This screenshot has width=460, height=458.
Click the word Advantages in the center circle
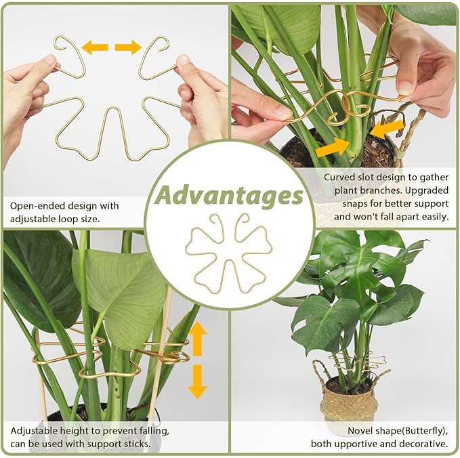(x=228, y=195)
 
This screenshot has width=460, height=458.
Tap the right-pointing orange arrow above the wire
(x=128, y=47)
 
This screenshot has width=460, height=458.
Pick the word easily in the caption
(x=431, y=217)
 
